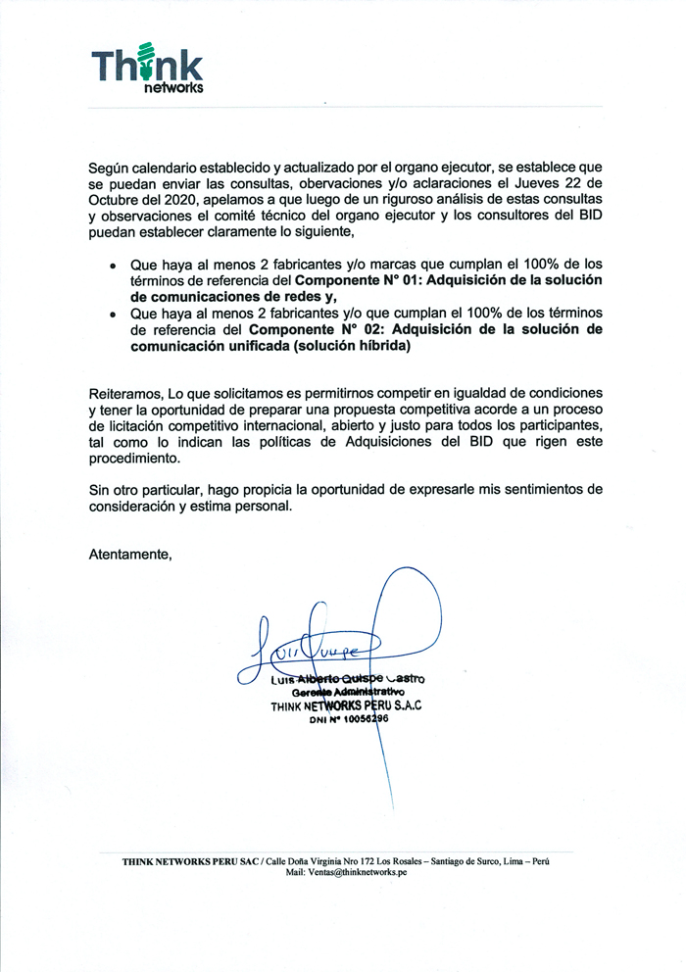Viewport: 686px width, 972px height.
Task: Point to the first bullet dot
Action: [113, 266]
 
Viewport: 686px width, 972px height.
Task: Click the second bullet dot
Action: [113, 315]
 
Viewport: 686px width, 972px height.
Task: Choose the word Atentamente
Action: [129, 556]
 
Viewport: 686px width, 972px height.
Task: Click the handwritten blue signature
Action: [323, 642]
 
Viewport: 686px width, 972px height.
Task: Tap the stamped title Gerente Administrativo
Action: [343, 692]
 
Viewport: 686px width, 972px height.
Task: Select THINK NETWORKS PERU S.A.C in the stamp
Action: [346, 705]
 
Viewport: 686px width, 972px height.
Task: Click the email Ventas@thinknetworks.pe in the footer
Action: [358, 872]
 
